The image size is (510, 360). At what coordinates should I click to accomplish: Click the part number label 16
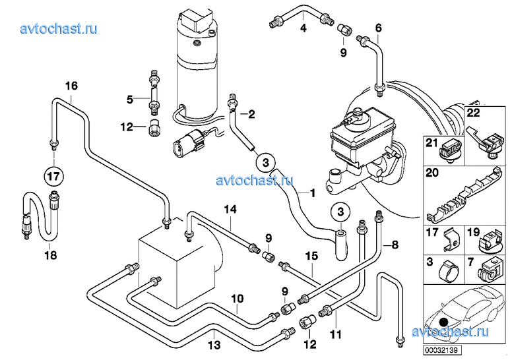click(x=71, y=86)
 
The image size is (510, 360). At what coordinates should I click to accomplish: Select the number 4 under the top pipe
click(x=303, y=28)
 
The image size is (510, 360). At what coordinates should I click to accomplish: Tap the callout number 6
click(x=378, y=28)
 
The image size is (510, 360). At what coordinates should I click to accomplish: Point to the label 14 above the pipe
click(x=229, y=210)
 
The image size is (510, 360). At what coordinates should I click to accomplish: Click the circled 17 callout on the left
click(x=53, y=176)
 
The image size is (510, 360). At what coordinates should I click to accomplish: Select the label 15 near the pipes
click(x=311, y=255)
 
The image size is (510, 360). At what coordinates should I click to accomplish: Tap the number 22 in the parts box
click(x=473, y=113)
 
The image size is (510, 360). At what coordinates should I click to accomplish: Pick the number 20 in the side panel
click(x=432, y=174)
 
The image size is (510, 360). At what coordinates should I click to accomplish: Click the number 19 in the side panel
click(x=473, y=232)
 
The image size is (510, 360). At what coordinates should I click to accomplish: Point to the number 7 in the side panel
click(x=471, y=262)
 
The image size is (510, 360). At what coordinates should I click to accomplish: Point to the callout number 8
click(x=395, y=245)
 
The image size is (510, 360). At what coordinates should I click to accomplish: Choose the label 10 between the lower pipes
click(x=237, y=299)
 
